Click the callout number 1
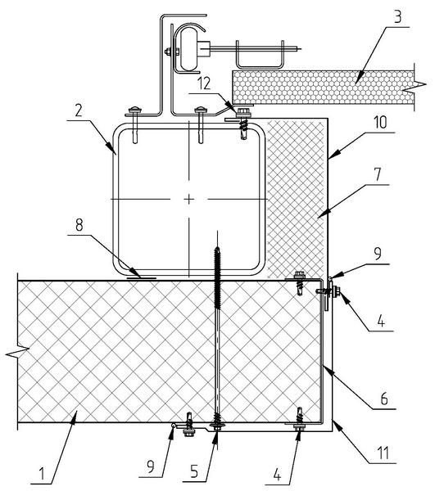tap(41, 474)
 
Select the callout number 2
tap(79, 110)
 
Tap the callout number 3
tap(397, 17)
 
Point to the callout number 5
tap(194, 471)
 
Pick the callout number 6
tap(383, 399)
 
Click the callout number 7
tap(378, 174)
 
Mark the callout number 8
tap(79, 225)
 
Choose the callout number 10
tap(380, 122)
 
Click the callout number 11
tap(383, 453)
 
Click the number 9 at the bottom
tap(151, 467)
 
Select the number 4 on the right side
tap(381, 321)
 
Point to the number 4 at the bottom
tap(277, 475)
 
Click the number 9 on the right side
tap(378, 254)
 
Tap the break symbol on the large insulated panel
tap(17, 351)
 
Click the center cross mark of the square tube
tap(188, 199)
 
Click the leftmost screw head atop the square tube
tap(135, 110)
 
